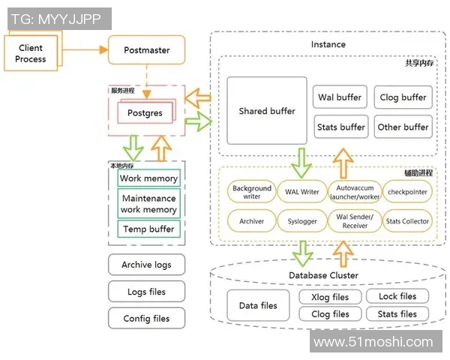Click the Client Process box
pos(31,52)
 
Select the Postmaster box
pos(146,50)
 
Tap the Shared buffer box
pos(267,111)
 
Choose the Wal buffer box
pos(340,97)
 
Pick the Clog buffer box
pos(403,97)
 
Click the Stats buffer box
pos(340,127)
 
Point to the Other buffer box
pos(403,127)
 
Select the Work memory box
pos(148,178)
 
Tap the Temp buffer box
pos(148,229)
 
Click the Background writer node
pos(251,192)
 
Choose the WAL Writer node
pos(302,192)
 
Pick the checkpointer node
pos(407,192)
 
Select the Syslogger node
pos(302,221)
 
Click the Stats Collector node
pos(407,221)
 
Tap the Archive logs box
pos(146,265)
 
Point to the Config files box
pos(146,319)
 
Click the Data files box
pos(258,305)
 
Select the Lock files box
pos(397,296)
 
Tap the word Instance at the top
pos(328,44)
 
